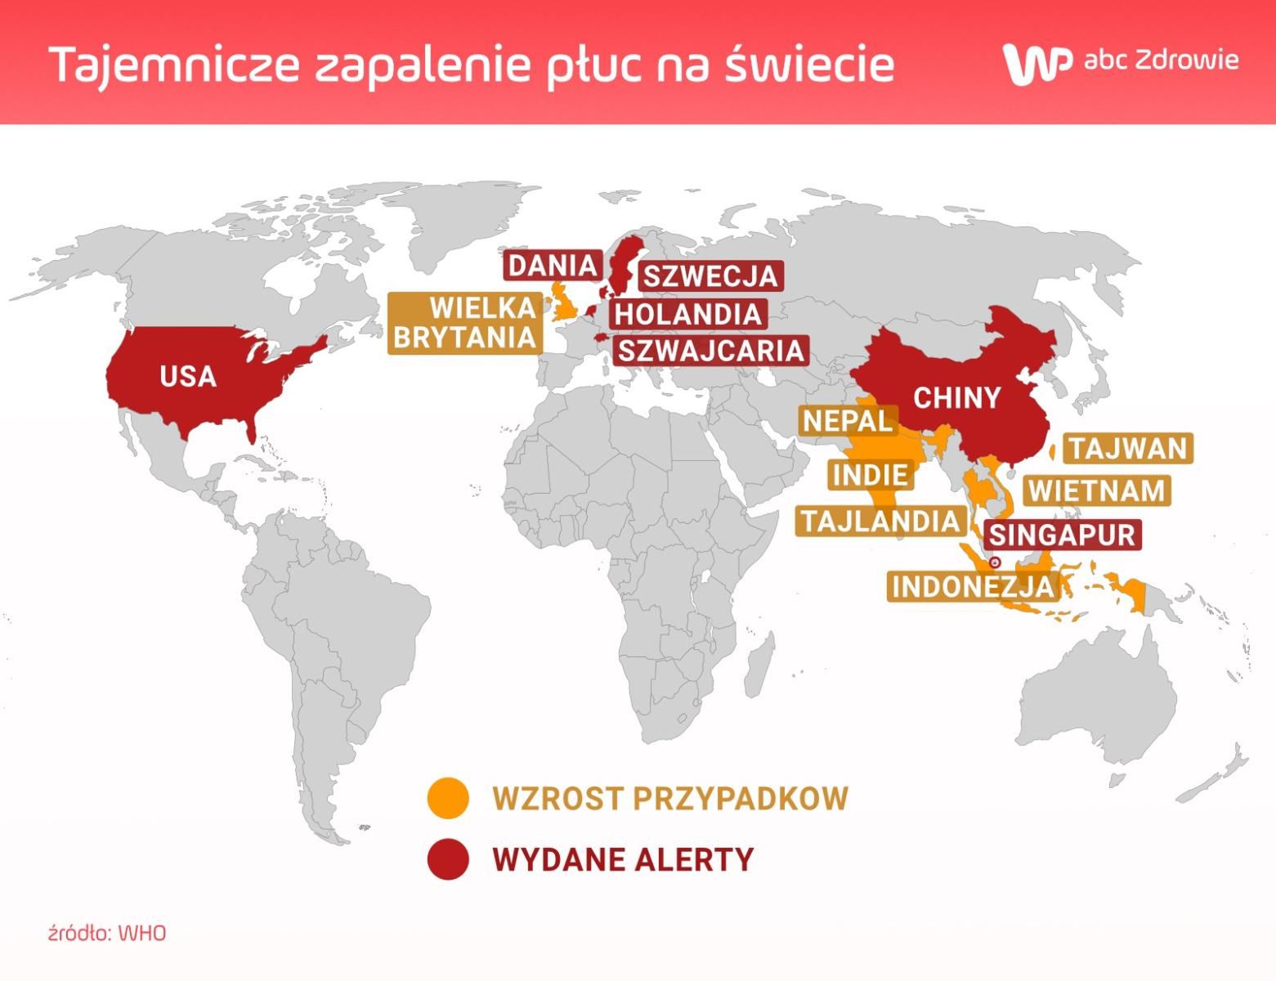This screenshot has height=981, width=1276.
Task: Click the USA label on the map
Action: [188, 377]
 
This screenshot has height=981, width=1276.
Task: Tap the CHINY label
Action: [956, 398]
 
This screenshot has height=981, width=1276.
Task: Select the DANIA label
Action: [553, 266]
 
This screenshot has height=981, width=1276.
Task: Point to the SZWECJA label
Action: [710, 276]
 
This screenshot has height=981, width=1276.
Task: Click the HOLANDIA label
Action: [687, 314]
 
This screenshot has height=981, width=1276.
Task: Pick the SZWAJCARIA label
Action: [710, 351]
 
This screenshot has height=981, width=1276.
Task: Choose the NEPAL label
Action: [848, 421]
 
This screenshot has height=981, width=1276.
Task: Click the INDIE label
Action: [870, 475]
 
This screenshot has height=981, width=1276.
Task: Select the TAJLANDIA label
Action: [880, 522]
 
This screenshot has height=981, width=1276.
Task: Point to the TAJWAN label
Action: [1127, 449]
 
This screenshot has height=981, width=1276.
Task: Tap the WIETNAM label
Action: [1096, 490]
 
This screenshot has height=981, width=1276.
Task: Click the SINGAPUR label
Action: [1062, 535]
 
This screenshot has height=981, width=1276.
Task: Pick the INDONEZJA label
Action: [972, 586]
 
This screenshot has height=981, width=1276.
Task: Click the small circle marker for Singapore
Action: [995, 563]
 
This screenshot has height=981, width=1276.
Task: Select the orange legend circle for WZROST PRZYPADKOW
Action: [448, 798]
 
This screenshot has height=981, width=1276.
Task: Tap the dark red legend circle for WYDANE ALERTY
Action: [448, 859]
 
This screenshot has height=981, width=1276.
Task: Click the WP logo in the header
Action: [1036, 63]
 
